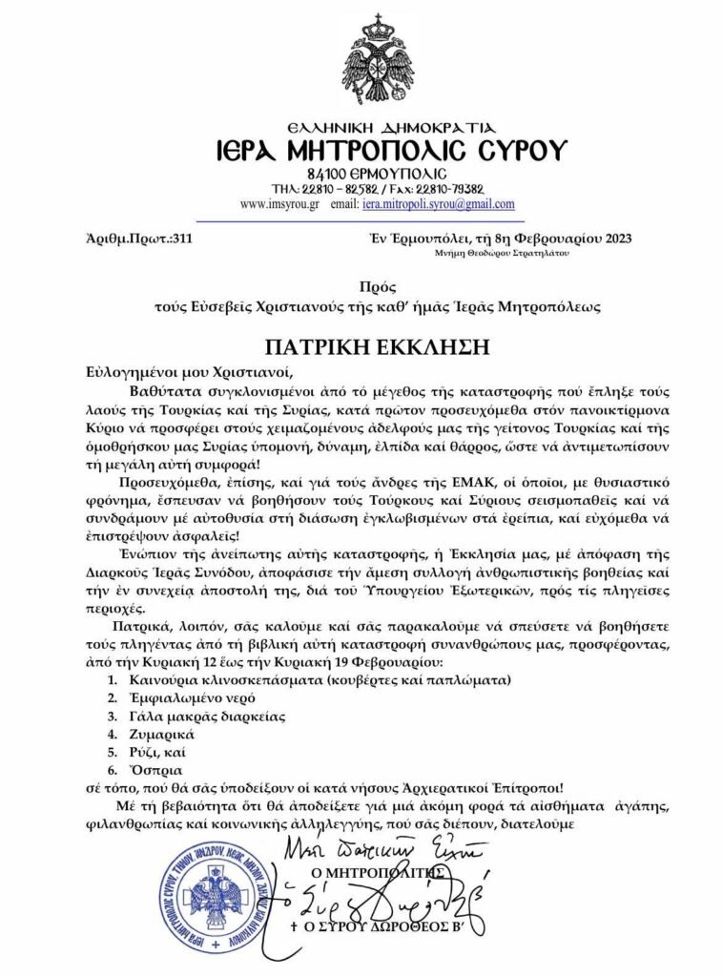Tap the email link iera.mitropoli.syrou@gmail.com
coord(438,204)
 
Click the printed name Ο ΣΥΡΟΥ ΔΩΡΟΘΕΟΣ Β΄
coord(382,926)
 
